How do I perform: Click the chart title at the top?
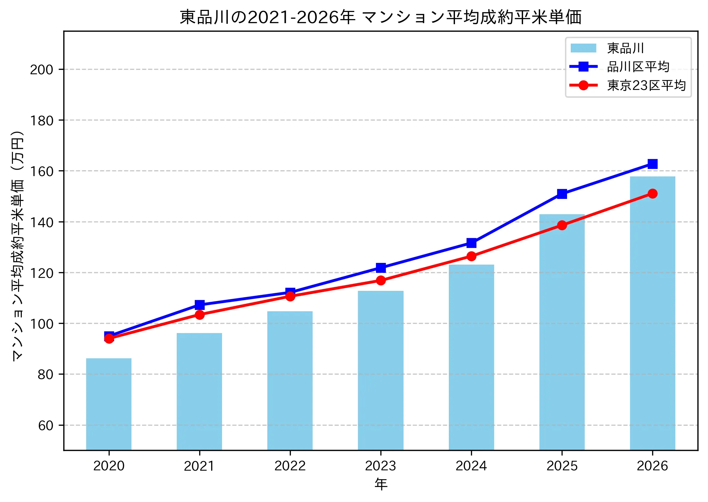(380, 17)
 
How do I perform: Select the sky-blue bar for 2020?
(109, 404)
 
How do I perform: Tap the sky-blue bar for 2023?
(381, 370)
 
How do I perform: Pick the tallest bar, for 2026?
(652, 313)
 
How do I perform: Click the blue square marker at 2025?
(562, 194)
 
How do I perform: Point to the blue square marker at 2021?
(200, 304)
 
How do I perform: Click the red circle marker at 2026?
(652, 193)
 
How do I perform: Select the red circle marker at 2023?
(381, 280)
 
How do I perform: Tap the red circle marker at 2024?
(471, 256)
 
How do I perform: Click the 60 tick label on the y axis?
(46, 426)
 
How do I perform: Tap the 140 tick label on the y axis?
(42, 222)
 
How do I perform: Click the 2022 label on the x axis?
(290, 466)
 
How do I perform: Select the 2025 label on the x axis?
(562, 466)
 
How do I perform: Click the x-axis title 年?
(381, 484)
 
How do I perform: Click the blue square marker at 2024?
(471, 243)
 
